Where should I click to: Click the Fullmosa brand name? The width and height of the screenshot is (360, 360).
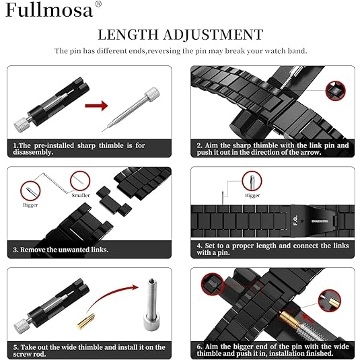click(x=49, y=9)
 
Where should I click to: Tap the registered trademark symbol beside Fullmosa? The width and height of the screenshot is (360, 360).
click(x=98, y=4)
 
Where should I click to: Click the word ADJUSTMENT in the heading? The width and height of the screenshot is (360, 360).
click(x=213, y=35)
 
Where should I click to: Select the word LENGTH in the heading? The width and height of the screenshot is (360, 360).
click(x=128, y=35)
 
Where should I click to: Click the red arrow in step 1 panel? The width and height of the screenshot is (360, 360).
click(x=96, y=106)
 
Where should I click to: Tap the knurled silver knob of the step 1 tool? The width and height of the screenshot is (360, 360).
click(x=21, y=124)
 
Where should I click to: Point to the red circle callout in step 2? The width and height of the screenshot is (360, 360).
click(x=335, y=91)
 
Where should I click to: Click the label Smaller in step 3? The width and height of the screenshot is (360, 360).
click(x=81, y=195)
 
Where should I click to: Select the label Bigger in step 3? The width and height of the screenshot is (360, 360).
click(x=30, y=205)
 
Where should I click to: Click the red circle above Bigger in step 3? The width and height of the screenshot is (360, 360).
click(x=30, y=191)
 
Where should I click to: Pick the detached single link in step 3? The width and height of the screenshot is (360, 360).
click(x=114, y=200)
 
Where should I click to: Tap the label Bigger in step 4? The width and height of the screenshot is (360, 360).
click(x=252, y=195)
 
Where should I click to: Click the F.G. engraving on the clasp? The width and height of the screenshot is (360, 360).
click(x=296, y=220)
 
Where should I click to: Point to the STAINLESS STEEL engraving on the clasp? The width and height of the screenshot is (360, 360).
click(x=320, y=221)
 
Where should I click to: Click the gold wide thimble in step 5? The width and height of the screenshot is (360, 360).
click(x=86, y=320)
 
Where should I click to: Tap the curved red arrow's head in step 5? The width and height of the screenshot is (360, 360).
click(x=135, y=287)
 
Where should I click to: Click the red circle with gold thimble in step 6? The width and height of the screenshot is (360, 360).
click(x=329, y=300)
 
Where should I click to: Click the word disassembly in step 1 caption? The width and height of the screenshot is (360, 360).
click(x=33, y=152)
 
